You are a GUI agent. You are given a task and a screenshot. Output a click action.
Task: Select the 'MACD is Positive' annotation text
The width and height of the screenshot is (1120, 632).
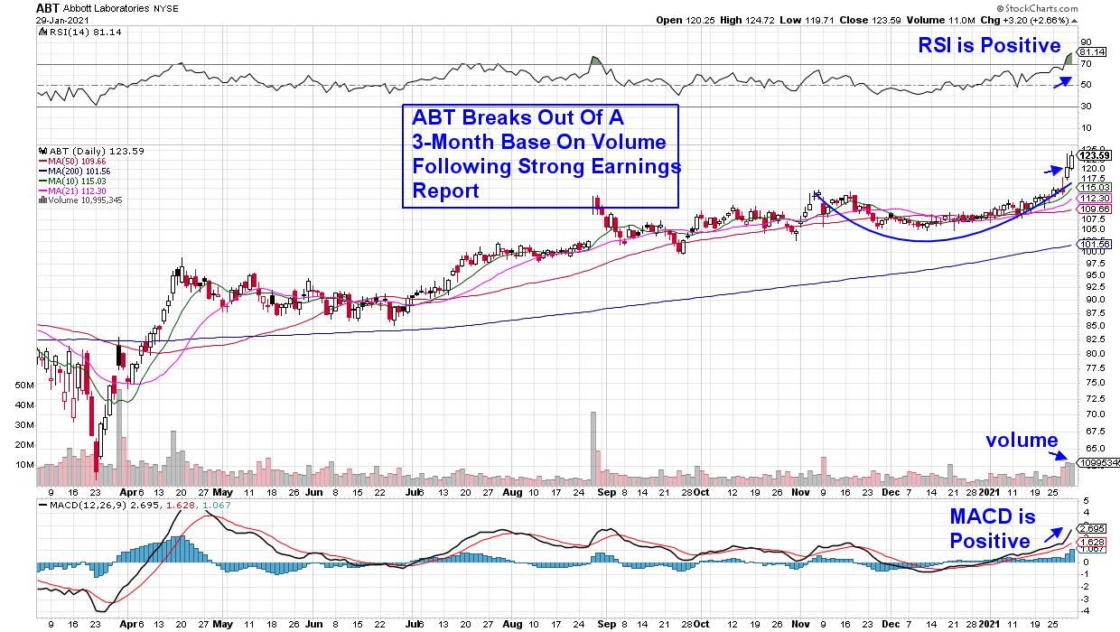pos(990,529)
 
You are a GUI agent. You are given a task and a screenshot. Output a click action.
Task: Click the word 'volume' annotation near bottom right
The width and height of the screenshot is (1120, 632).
pos(1022,441)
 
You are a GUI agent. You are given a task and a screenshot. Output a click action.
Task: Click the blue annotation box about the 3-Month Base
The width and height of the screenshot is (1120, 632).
pos(540,155)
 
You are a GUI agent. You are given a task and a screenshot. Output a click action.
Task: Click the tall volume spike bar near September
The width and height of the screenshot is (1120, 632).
pos(593,442)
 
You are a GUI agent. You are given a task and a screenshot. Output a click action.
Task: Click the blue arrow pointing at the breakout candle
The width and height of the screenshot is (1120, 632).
pos(1053,169)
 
